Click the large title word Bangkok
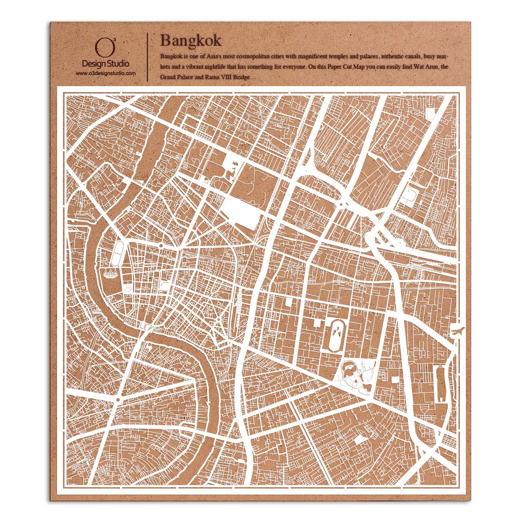click(191, 40)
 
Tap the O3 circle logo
click(101, 48)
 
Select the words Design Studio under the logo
click(106, 64)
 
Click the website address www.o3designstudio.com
click(106, 74)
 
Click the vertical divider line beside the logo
click(148, 57)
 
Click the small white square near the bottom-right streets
click(360, 439)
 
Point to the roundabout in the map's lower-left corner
click(118, 398)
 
